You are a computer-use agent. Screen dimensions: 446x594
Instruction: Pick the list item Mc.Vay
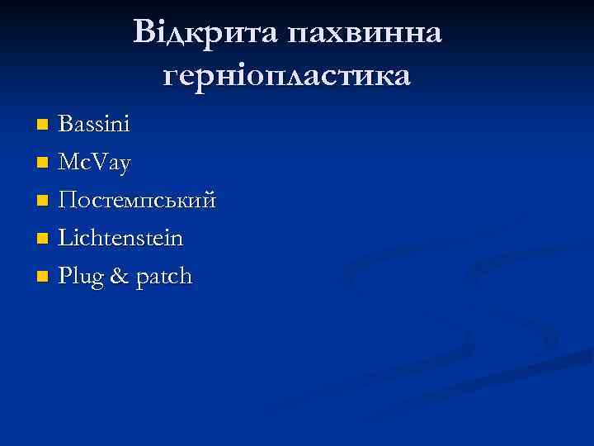95,164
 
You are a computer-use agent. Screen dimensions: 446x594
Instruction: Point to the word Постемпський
138,201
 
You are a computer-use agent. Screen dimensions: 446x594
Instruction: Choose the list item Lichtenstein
120,239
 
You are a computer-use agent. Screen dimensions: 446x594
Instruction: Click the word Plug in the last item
82,277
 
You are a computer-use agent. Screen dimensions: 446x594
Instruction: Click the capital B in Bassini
65,126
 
